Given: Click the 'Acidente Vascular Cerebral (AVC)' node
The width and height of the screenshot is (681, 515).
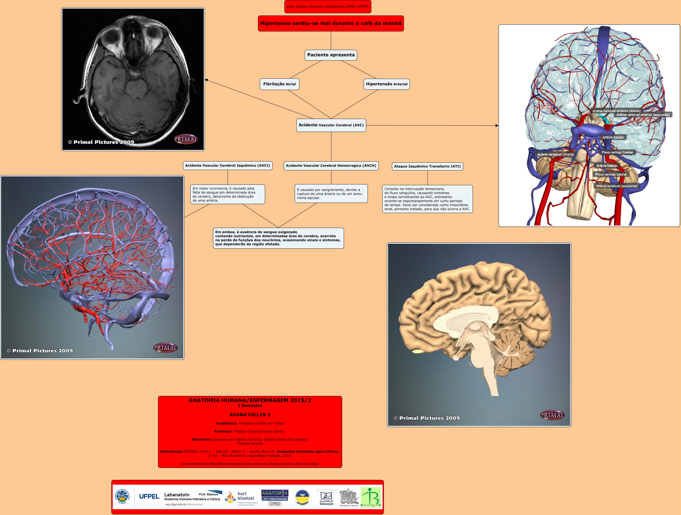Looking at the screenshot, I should pos(331,125).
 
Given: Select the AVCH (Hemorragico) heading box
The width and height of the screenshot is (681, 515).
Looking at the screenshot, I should pos(331,166).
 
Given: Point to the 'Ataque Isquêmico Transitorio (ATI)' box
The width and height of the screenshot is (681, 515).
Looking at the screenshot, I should pos(427,166).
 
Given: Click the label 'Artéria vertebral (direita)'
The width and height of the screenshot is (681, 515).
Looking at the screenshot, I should pos(556,154).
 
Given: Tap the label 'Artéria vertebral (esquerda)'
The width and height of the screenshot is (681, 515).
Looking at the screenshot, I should pos(617,186).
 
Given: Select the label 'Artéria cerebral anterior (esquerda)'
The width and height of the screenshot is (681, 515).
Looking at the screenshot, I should pos(643,115).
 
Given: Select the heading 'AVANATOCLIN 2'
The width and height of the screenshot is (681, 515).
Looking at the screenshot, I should pos(250,415).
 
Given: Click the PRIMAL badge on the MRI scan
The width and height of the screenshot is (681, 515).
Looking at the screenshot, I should pos(186,139).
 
